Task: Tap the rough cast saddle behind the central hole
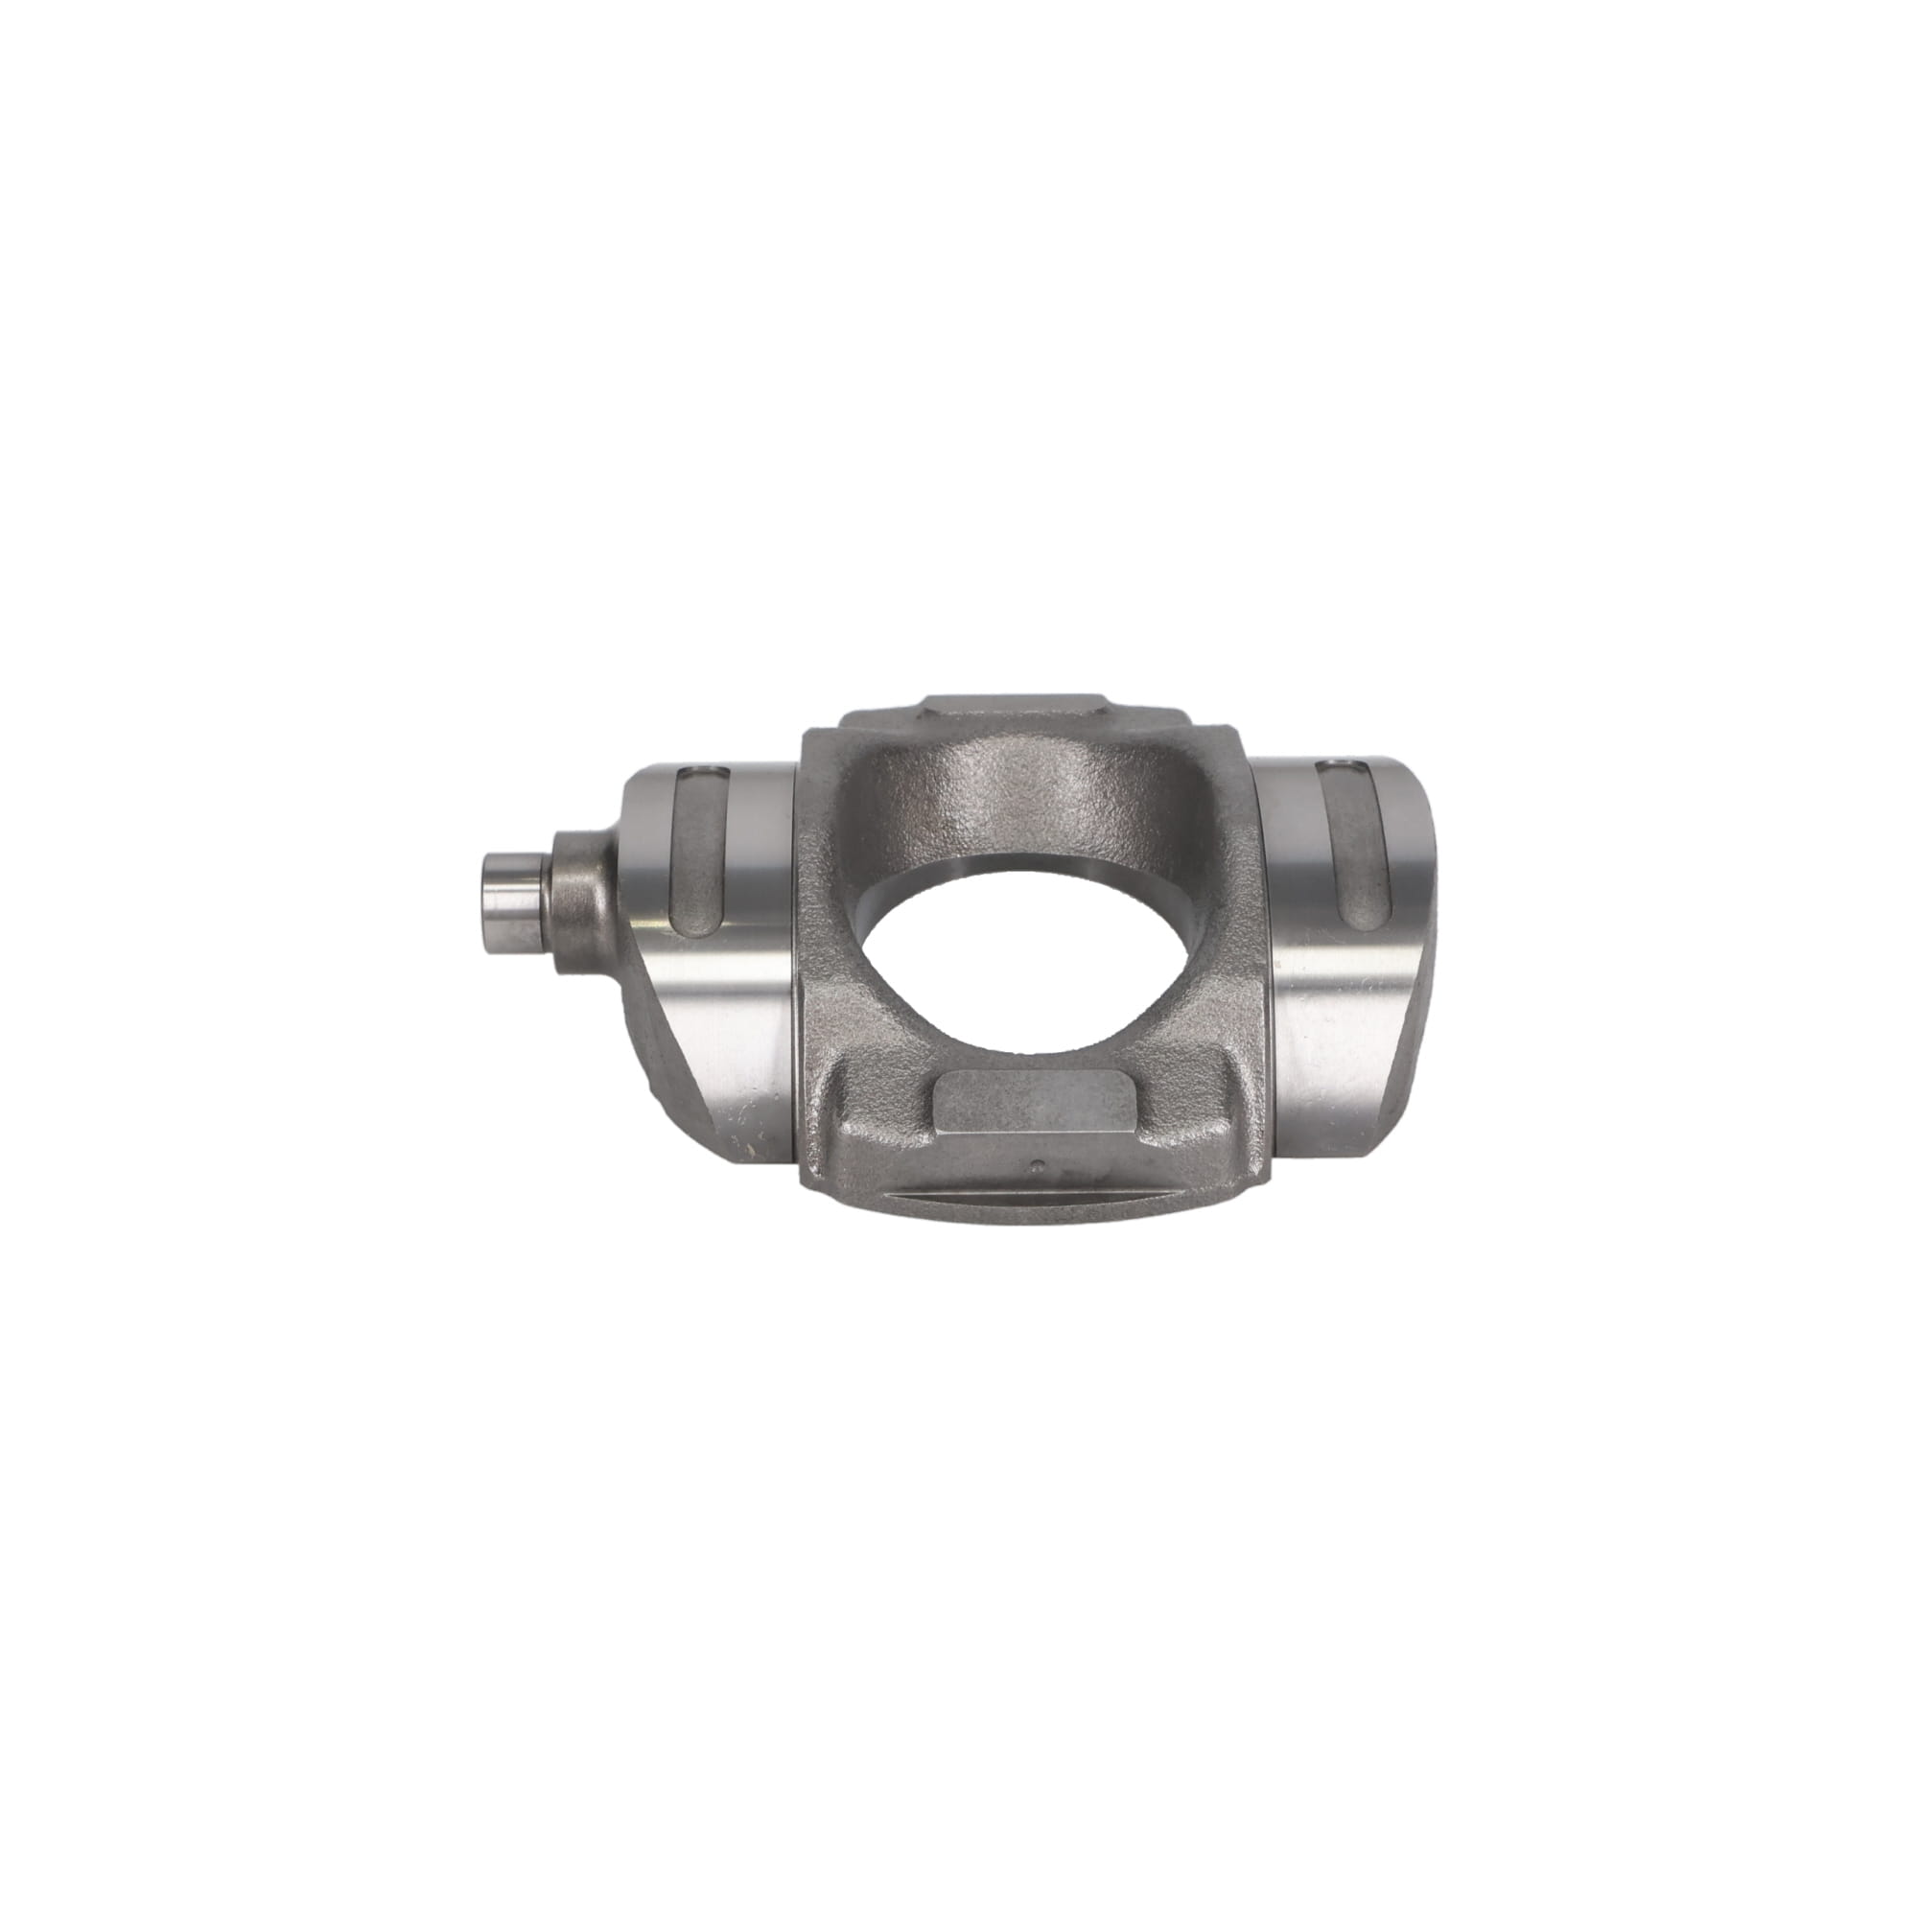(x=1022, y=805)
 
